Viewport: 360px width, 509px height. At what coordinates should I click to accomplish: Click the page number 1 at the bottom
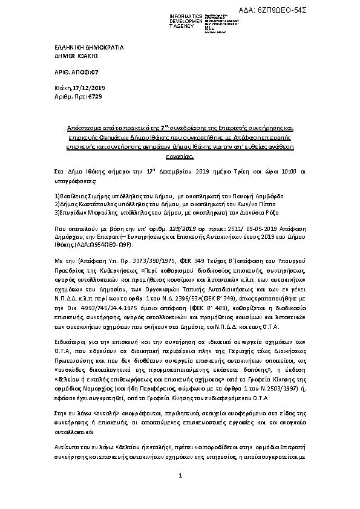180,494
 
